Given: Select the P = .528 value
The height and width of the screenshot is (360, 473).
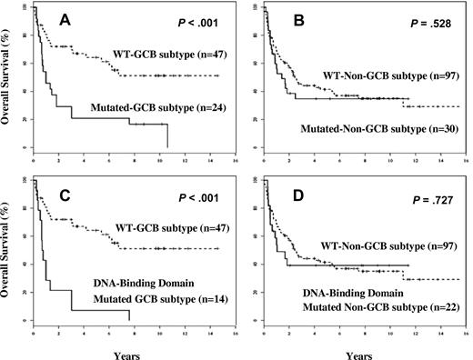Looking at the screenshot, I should (x=427, y=18).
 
